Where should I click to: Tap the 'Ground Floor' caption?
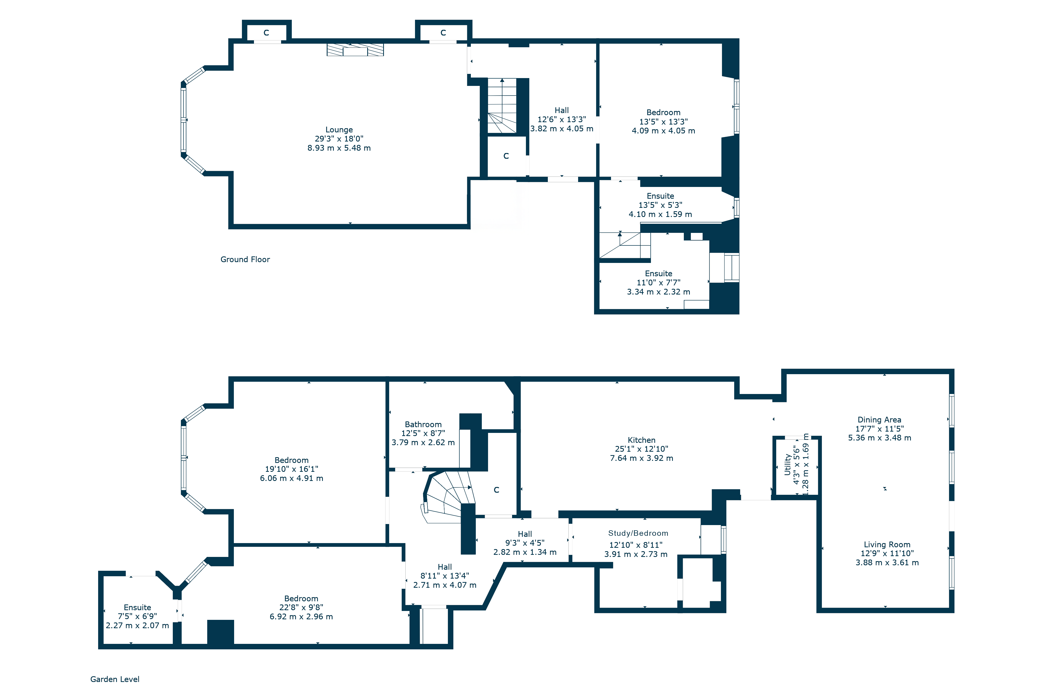coord(245,259)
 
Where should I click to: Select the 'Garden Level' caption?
coord(115,679)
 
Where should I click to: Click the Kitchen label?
coord(642,440)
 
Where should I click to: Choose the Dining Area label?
coord(879,420)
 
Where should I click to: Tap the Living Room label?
coord(887,544)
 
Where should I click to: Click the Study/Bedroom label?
coord(638,533)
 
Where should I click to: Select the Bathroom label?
coord(423,425)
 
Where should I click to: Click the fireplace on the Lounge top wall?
coord(355,50)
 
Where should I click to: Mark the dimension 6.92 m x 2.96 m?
coord(301,616)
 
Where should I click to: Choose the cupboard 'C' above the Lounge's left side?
coord(266,33)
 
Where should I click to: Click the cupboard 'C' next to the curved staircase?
coord(496,490)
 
